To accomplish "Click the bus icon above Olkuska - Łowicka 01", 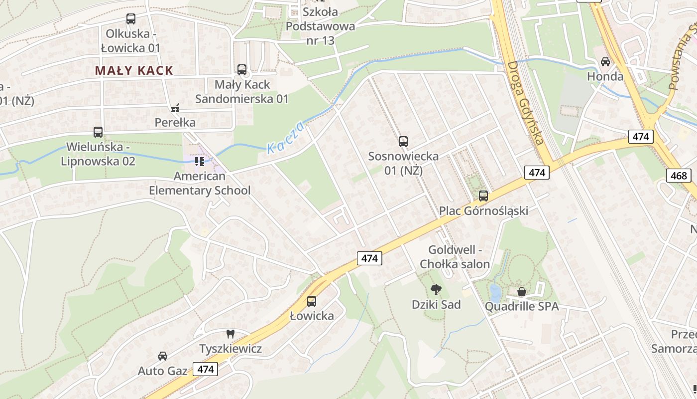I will pyautogui.click(x=131, y=19).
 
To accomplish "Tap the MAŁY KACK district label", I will pyautogui.click(x=134, y=70).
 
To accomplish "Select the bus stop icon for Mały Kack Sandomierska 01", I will pyautogui.click(x=242, y=70).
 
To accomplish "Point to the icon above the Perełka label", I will pyautogui.click(x=175, y=108).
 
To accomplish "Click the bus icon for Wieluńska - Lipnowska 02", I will pyautogui.click(x=98, y=132).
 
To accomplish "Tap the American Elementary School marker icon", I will pyautogui.click(x=200, y=161).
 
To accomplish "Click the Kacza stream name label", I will pyautogui.click(x=285, y=138).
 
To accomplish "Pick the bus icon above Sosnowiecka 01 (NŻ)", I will pyautogui.click(x=403, y=142).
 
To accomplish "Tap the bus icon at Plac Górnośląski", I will pyautogui.click(x=483, y=196).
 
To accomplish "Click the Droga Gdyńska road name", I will pyautogui.click(x=525, y=103).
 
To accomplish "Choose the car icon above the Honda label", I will pyautogui.click(x=605, y=62).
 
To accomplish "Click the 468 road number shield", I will pyautogui.click(x=678, y=175).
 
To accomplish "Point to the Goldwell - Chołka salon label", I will pyautogui.click(x=455, y=257).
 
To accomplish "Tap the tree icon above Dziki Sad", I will pyautogui.click(x=436, y=290).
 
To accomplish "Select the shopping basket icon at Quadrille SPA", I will pyautogui.click(x=522, y=292).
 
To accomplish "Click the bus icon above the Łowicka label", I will pyautogui.click(x=312, y=301).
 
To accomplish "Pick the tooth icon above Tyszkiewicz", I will pyautogui.click(x=230, y=334).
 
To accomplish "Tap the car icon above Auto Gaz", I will pyautogui.click(x=163, y=356).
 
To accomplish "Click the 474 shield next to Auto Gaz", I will pyautogui.click(x=205, y=369).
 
